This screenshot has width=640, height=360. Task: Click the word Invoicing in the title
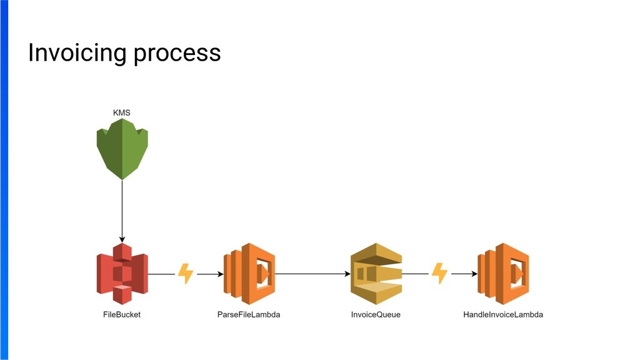click(77, 53)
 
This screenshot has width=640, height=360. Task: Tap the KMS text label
click(122, 112)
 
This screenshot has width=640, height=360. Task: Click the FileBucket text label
click(122, 314)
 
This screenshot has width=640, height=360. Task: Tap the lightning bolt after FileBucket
click(186, 274)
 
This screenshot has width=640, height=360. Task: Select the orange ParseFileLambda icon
click(249, 274)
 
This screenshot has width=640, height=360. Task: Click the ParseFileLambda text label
click(249, 314)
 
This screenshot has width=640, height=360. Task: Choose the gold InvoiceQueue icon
click(376, 274)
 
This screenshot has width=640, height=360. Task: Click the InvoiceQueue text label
click(376, 314)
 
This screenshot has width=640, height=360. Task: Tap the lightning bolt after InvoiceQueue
click(439, 274)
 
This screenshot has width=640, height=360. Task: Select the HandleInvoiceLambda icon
click(503, 274)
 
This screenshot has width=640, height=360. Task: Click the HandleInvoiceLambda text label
click(503, 314)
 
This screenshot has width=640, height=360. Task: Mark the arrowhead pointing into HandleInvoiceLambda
click(474, 274)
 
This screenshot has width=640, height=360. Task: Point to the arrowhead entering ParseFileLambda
click(220, 274)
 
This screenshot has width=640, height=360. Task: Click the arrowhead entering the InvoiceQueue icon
click(347, 274)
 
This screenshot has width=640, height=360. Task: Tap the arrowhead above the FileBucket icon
click(122, 239)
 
